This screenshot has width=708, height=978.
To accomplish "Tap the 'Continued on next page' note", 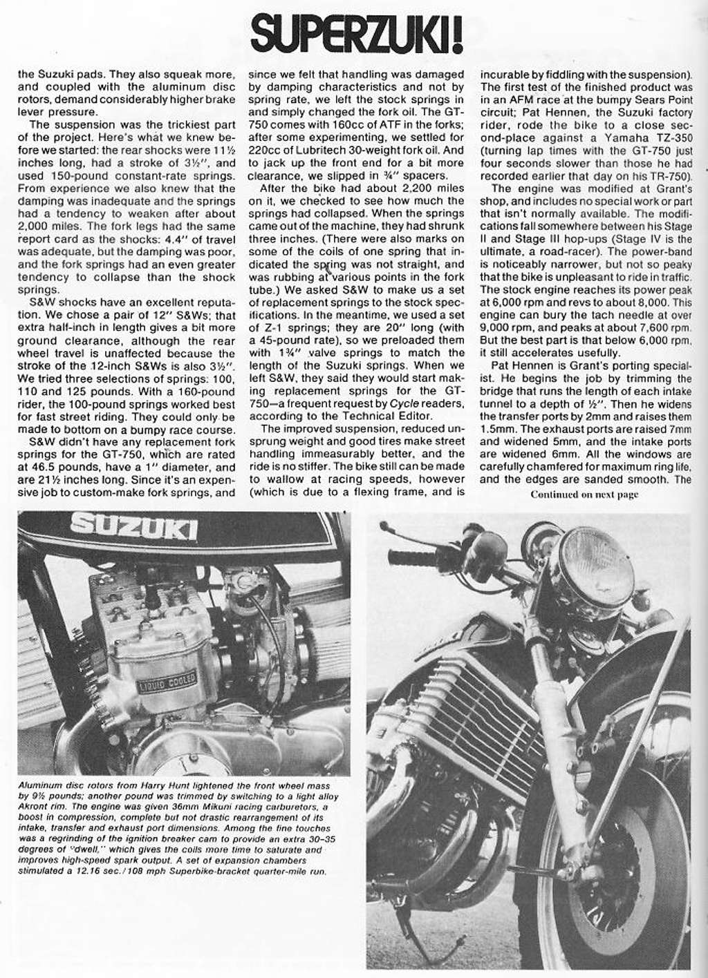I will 584,494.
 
